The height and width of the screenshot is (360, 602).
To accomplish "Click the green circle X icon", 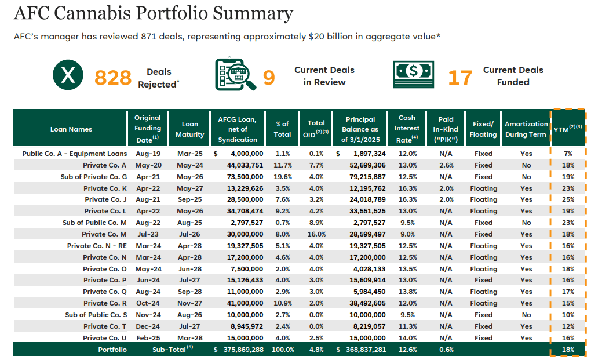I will [68, 77].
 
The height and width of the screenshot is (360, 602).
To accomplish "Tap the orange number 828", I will [113, 77].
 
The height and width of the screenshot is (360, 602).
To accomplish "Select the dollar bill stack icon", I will [413, 74].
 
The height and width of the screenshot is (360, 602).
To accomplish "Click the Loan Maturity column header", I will [190, 129].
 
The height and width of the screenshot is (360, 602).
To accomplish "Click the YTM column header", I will [567, 130].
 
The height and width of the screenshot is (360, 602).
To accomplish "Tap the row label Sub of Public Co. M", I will [94, 223].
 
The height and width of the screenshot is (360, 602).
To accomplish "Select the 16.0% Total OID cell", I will [316, 234].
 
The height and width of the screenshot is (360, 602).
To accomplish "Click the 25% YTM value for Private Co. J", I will [568, 200].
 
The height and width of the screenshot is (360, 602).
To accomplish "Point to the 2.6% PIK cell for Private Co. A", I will [446, 165].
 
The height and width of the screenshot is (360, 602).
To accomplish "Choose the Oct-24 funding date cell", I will [148, 303].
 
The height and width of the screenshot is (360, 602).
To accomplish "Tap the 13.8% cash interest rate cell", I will [408, 292].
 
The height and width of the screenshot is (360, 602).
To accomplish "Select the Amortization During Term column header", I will [526, 129].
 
